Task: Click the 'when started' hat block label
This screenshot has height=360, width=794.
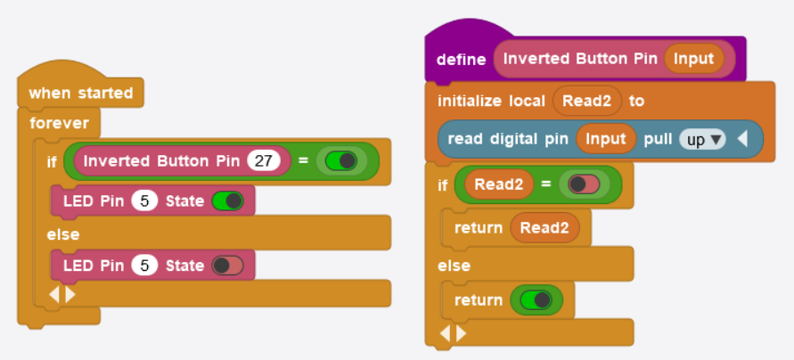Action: (80, 93)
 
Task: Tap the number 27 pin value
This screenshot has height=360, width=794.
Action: (264, 161)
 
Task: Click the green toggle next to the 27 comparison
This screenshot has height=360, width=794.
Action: (341, 161)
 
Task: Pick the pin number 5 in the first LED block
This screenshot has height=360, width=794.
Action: (144, 200)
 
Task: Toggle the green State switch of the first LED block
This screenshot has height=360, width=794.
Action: (228, 200)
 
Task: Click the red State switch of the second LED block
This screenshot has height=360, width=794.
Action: (228, 266)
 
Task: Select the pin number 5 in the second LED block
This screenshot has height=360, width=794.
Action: (144, 266)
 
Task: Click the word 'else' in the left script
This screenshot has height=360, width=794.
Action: (63, 234)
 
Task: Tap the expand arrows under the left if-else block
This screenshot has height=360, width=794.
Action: (62, 293)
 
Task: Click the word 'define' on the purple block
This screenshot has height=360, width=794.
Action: (461, 60)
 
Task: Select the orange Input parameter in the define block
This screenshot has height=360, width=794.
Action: (694, 59)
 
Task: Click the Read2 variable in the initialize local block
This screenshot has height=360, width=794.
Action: (586, 101)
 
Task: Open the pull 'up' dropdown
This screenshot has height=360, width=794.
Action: (703, 139)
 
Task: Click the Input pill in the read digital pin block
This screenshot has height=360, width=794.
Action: (606, 139)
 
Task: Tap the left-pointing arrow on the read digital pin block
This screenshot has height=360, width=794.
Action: (743, 139)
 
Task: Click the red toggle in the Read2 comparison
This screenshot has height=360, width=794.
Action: (584, 184)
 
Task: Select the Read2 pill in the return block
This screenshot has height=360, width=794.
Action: (544, 227)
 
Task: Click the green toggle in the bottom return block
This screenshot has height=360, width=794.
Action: (536, 300)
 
